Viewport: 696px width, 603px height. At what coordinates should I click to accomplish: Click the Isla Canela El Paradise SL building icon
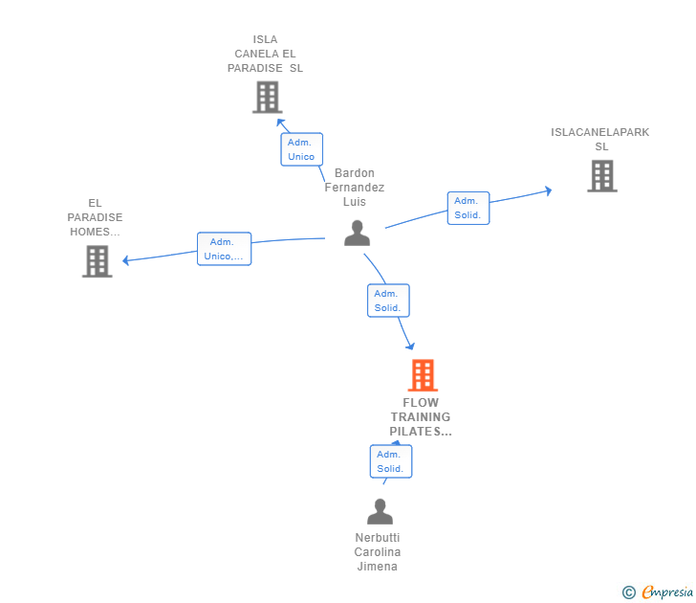(267, 97)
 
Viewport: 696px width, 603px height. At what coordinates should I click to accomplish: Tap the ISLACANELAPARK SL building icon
(601, 176)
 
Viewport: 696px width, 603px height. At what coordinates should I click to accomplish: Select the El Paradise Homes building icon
(97, 261)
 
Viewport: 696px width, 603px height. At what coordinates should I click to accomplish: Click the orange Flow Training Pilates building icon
(422, 375)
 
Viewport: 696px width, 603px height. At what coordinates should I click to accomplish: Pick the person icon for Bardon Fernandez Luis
(357, 233)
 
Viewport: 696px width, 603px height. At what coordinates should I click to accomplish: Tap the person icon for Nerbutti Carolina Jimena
(380, 512)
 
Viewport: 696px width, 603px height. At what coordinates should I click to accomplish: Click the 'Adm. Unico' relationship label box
(301, 149)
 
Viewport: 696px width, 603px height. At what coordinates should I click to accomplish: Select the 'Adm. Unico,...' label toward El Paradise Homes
(224, 249)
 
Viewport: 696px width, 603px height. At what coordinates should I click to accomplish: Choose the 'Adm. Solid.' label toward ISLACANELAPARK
(468, 208)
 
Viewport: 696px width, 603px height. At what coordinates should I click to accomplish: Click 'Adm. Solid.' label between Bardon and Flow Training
(388, 301)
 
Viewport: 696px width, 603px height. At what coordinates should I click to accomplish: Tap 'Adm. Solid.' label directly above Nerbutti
(390, 461)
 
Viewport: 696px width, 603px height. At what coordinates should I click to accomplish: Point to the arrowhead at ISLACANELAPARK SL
(548, 190)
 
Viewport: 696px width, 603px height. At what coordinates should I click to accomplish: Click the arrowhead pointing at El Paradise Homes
(126, 259)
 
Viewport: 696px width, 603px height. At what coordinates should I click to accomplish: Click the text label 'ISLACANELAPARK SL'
(600, 140)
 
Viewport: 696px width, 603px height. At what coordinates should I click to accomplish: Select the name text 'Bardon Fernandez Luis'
(355, 188)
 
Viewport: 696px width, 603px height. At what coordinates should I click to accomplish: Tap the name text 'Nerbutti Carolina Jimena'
(378, 552)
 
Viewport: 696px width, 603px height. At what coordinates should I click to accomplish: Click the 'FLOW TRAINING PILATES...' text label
(421, 417)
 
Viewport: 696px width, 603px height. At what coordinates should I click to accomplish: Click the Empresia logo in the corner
(667, 592)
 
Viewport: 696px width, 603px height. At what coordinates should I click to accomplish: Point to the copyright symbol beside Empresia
(628, 592)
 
